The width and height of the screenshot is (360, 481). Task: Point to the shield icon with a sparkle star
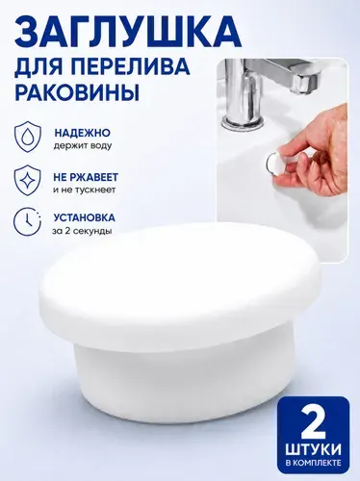(x=28, y=180)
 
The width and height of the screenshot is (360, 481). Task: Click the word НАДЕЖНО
(x=82, y=133)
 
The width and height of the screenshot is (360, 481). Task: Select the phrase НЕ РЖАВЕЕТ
(x=86, y=177)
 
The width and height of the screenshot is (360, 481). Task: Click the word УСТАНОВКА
(x=85, y=217)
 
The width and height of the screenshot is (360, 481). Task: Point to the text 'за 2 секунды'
(x=82, y=231)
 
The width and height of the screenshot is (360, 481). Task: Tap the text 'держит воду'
(x=83, y=146)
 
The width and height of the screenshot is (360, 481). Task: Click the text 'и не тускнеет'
(x=84, y=190)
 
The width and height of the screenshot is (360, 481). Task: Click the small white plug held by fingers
(x=274, y=165)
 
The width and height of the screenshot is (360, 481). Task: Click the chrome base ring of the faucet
(x=243, y=122)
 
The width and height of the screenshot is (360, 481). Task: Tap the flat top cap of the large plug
(x=181, y=279)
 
